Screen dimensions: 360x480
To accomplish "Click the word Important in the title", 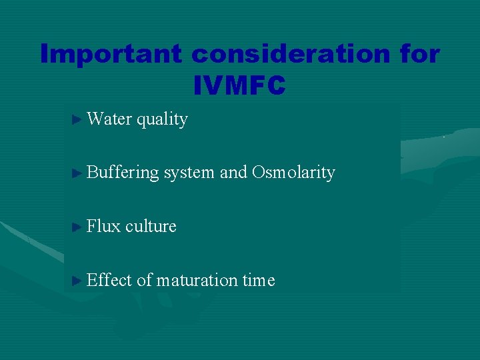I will pos(111,53).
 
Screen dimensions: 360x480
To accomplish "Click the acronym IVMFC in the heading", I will pos(239,85).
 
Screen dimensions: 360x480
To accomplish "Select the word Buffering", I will pos(123,173).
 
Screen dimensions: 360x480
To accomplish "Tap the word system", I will pos(189,173).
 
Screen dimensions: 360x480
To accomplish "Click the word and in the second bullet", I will pos(233,173).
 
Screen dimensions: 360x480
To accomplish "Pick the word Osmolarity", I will pos(293,173).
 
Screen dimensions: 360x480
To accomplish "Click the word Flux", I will pos(103,227).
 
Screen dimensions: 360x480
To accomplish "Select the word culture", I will pos(151,227).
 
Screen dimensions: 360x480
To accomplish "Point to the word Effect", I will pos(109,281).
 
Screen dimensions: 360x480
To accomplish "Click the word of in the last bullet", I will pos(144,281).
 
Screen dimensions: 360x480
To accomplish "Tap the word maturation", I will pos(197,281).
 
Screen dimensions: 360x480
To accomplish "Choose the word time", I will pos(259,281).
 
